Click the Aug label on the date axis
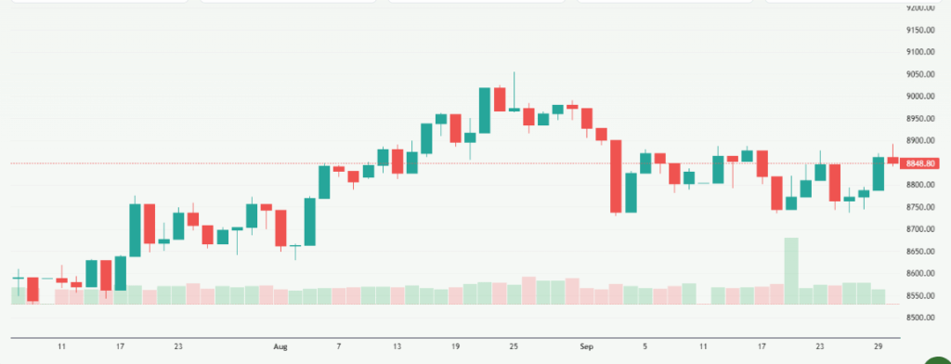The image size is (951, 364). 281,345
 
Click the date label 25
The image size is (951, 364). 514,345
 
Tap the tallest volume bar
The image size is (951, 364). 791,270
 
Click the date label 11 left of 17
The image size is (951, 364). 61,345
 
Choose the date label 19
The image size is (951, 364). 456,345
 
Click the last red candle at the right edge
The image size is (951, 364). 892,160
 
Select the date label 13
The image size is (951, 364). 397,345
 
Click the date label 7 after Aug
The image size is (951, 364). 339,345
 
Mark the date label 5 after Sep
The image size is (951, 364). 645,345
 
